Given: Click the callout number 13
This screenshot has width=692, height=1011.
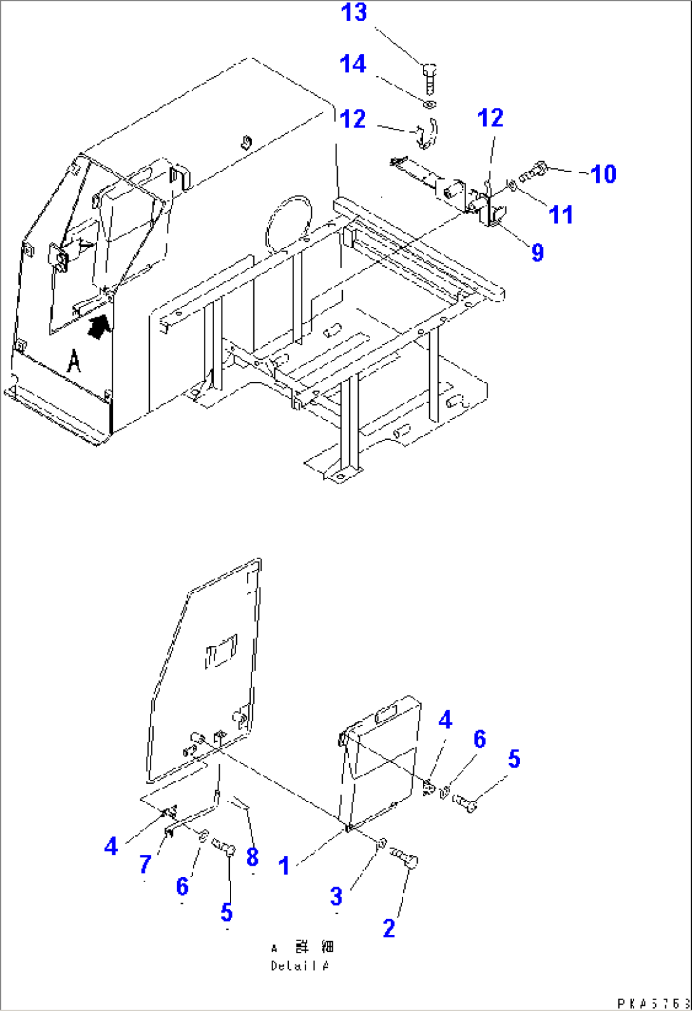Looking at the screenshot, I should click(x=354, y=13).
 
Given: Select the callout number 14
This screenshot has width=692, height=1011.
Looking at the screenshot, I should click(x=352, y=64).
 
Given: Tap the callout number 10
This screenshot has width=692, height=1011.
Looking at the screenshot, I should click(x=603, y=173).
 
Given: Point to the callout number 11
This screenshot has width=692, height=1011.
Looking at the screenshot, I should click(x=561, y=215).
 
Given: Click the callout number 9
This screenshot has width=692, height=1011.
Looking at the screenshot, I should click(x=537, y=252).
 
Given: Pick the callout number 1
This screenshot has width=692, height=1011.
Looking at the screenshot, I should click(x=284, y=865).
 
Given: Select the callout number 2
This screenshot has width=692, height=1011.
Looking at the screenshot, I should click(x=389, y=928).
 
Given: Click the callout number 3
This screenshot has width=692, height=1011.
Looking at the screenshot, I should click(x=336, y=895).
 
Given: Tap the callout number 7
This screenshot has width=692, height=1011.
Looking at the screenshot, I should click(x=145, y=863).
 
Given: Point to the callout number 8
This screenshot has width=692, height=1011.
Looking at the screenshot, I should click(x=252, y=857).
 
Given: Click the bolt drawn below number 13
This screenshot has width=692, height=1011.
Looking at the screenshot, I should click(x=428, y=77).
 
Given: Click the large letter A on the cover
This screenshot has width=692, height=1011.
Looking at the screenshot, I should click(x=74, y=361).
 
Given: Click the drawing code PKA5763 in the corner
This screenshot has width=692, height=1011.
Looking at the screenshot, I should click(x=653, y=1003).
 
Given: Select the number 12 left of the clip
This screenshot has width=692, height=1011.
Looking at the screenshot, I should click(x=352, y=118).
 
